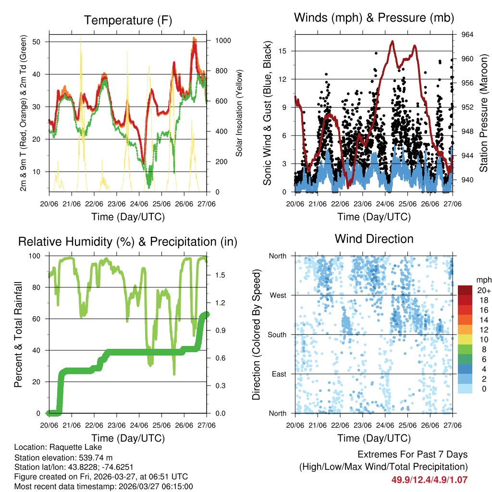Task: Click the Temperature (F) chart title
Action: (128, 20)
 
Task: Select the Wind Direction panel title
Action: (374, 239)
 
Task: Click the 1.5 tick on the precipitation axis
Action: (217, 275)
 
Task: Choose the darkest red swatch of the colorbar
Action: (465, 290)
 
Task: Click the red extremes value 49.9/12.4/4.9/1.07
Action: (430, 480)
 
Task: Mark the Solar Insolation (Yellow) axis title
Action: (239, 113)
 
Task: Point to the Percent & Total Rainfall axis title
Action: (18, 334)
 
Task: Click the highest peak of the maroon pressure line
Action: (393, 41)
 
